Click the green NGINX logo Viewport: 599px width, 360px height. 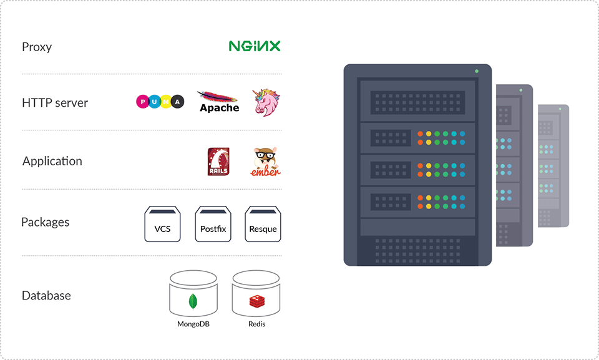[x=255, y=46]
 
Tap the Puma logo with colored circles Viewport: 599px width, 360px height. [x=160, y=102]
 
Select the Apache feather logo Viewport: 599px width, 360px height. [x=219, y=102]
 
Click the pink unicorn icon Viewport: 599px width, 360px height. [x=266, y=102]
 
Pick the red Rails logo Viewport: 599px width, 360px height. [x=218, y=162]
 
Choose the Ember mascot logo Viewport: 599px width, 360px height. [x=266, y=162]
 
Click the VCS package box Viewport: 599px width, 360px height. [x=162, y=224]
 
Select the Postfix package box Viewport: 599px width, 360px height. [x=213, y=224]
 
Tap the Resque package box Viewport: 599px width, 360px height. [x=263, y=224]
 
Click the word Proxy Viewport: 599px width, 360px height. [x=37, y=47]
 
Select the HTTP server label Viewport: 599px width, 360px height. [x=55, y=103]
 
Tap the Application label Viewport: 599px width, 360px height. [x=52, y=161]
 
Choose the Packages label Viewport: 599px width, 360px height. [x=46, y=222]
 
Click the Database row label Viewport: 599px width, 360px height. [x=47, y=296]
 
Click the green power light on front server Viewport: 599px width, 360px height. [x=477, y=72]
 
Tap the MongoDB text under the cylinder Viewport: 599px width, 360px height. [x=193, y=324]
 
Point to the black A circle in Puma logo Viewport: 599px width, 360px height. [x=178, y=102]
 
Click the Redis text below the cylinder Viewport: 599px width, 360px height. [x=256, y=324]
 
